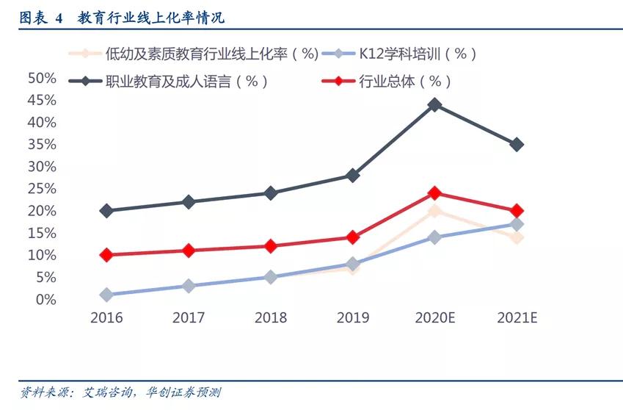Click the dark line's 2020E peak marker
pos(434,104)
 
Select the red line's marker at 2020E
pos(434,193)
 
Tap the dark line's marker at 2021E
pos(517,145)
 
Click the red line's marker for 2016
pos(106,255)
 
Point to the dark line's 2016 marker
pos(106,211)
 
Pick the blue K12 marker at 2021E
pos(517,224)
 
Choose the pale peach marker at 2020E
pos(434,211)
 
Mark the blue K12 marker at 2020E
pos(434,237)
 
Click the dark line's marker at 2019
pos(352,176)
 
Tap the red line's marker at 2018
pos(270,246)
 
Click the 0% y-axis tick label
pos(45,300)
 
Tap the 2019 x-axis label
pos(352,318)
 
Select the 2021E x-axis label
pos(517,318)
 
